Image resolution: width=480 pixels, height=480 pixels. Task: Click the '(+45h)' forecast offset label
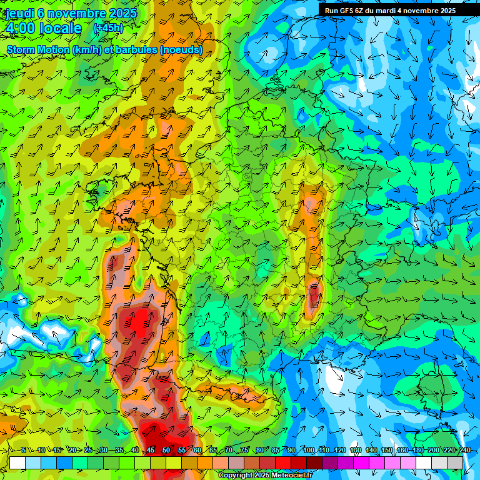coord(108,28)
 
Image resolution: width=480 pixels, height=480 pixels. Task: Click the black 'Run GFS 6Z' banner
coord(390,11)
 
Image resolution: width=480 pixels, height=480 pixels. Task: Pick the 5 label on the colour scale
coord(23,451)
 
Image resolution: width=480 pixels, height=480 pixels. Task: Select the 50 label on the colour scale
coord(166,451)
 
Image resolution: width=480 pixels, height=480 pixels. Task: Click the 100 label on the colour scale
coord(308,451)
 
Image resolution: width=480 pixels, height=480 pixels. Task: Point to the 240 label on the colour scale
coord(464,451)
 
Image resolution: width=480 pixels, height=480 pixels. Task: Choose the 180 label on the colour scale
coord(417,451)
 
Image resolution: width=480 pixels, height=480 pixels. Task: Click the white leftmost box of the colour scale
coord(17,462)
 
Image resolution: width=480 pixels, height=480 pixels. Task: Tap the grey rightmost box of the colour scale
coord(455,462)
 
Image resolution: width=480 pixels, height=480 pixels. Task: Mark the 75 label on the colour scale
coord(244,451)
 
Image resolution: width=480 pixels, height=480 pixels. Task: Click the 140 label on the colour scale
coord(371,451)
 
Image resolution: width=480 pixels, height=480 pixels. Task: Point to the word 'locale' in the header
coord(60,28)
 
